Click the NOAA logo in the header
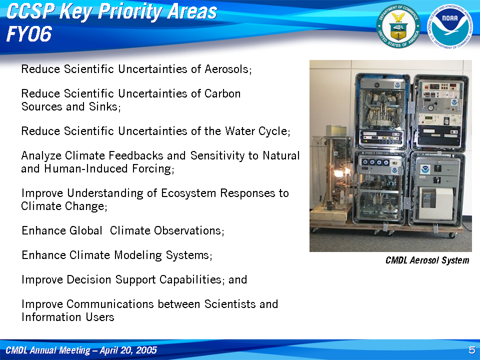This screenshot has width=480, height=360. pyautogui.click(x=449, y=26)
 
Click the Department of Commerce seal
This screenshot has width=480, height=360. pyautogui.click(x=398, y=26)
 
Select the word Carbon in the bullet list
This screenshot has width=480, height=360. pyautogui.click(x=222, y=93)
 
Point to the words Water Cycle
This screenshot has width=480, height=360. pyautogui.click(x=257, y=131)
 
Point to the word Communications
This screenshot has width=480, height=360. pyautogui.click(x=110, y=304)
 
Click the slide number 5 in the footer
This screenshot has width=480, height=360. pyautogui.click(x=472, y=350)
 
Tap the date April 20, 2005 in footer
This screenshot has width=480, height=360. pyautogui.click(x=128, y=350)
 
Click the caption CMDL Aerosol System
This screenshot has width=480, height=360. pyautogui.click(x=427, y=260)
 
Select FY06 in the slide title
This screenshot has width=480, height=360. pyautogui.click(x=29, y=34)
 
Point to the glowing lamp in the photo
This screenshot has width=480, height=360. pyautogui.click(x=338, y=174)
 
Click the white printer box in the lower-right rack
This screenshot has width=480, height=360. pyautogui.click(x=436, y=203)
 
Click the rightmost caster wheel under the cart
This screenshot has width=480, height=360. pyautogui.click(x=452, y=235)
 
